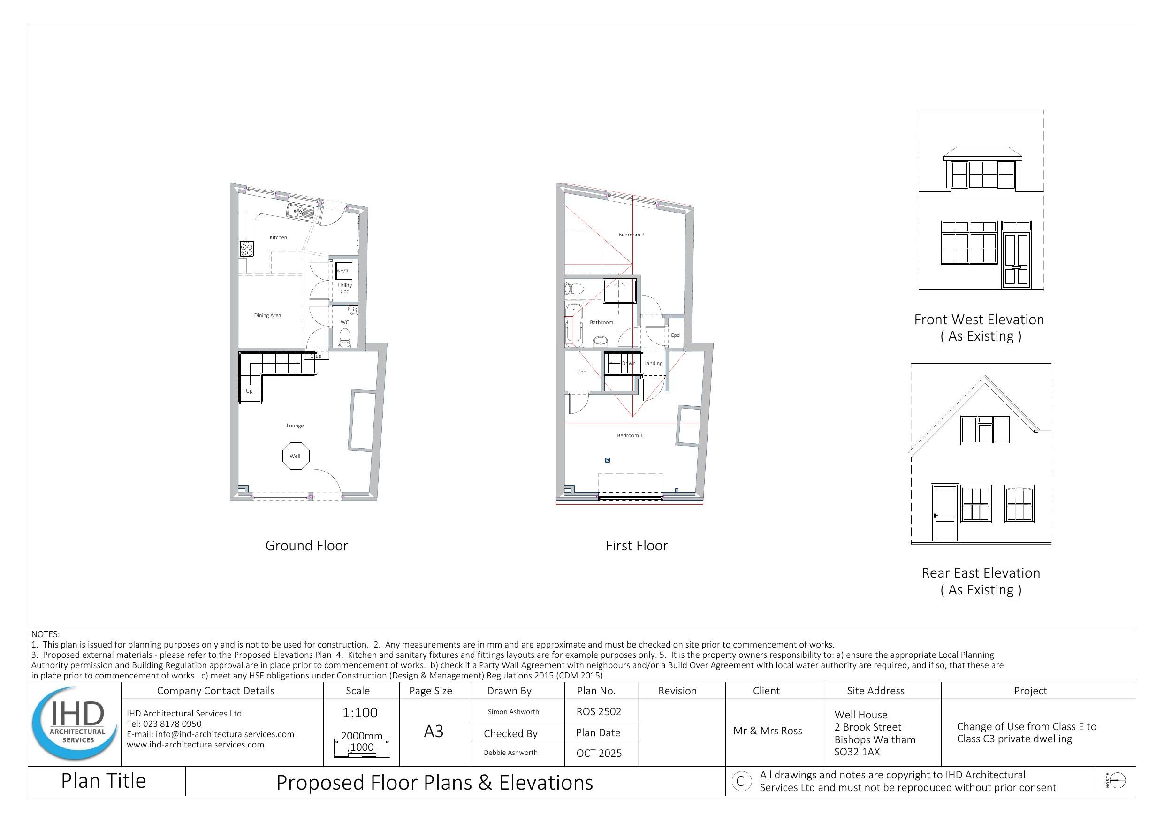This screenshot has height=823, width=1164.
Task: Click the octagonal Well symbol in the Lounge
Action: click(x=295, y=456)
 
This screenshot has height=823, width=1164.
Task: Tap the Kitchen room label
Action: click(x=278, y=237)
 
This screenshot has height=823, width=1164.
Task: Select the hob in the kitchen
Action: click(x=247, y=249)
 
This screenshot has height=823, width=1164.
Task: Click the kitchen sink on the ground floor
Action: click(x=301, y=212)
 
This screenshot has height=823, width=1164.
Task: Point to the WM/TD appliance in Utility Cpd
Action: click(x=343, y=271)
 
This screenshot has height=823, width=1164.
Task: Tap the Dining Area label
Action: click(x=267, y=315)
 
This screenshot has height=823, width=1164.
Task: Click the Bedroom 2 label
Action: click(x=631, y=235)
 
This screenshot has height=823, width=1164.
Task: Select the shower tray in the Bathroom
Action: click(x=619, y=291)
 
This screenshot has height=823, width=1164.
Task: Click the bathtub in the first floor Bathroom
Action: click(x=574, y=323)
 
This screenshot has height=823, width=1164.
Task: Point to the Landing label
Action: click(x=653, y=363)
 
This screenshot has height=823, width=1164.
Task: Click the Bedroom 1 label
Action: click(x=630, y=435)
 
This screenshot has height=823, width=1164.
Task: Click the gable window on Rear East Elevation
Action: click(x=984, y=430)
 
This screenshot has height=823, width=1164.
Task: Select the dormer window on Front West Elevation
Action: click(x=982, y=175)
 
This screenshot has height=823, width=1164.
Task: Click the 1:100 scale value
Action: click(x=360, y=713)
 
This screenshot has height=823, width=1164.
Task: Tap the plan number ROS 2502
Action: click(x=599, y=711)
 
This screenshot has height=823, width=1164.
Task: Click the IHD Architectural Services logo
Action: click(x=75, y=724)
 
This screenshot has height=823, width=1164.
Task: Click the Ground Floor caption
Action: click(x=307, y=546)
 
